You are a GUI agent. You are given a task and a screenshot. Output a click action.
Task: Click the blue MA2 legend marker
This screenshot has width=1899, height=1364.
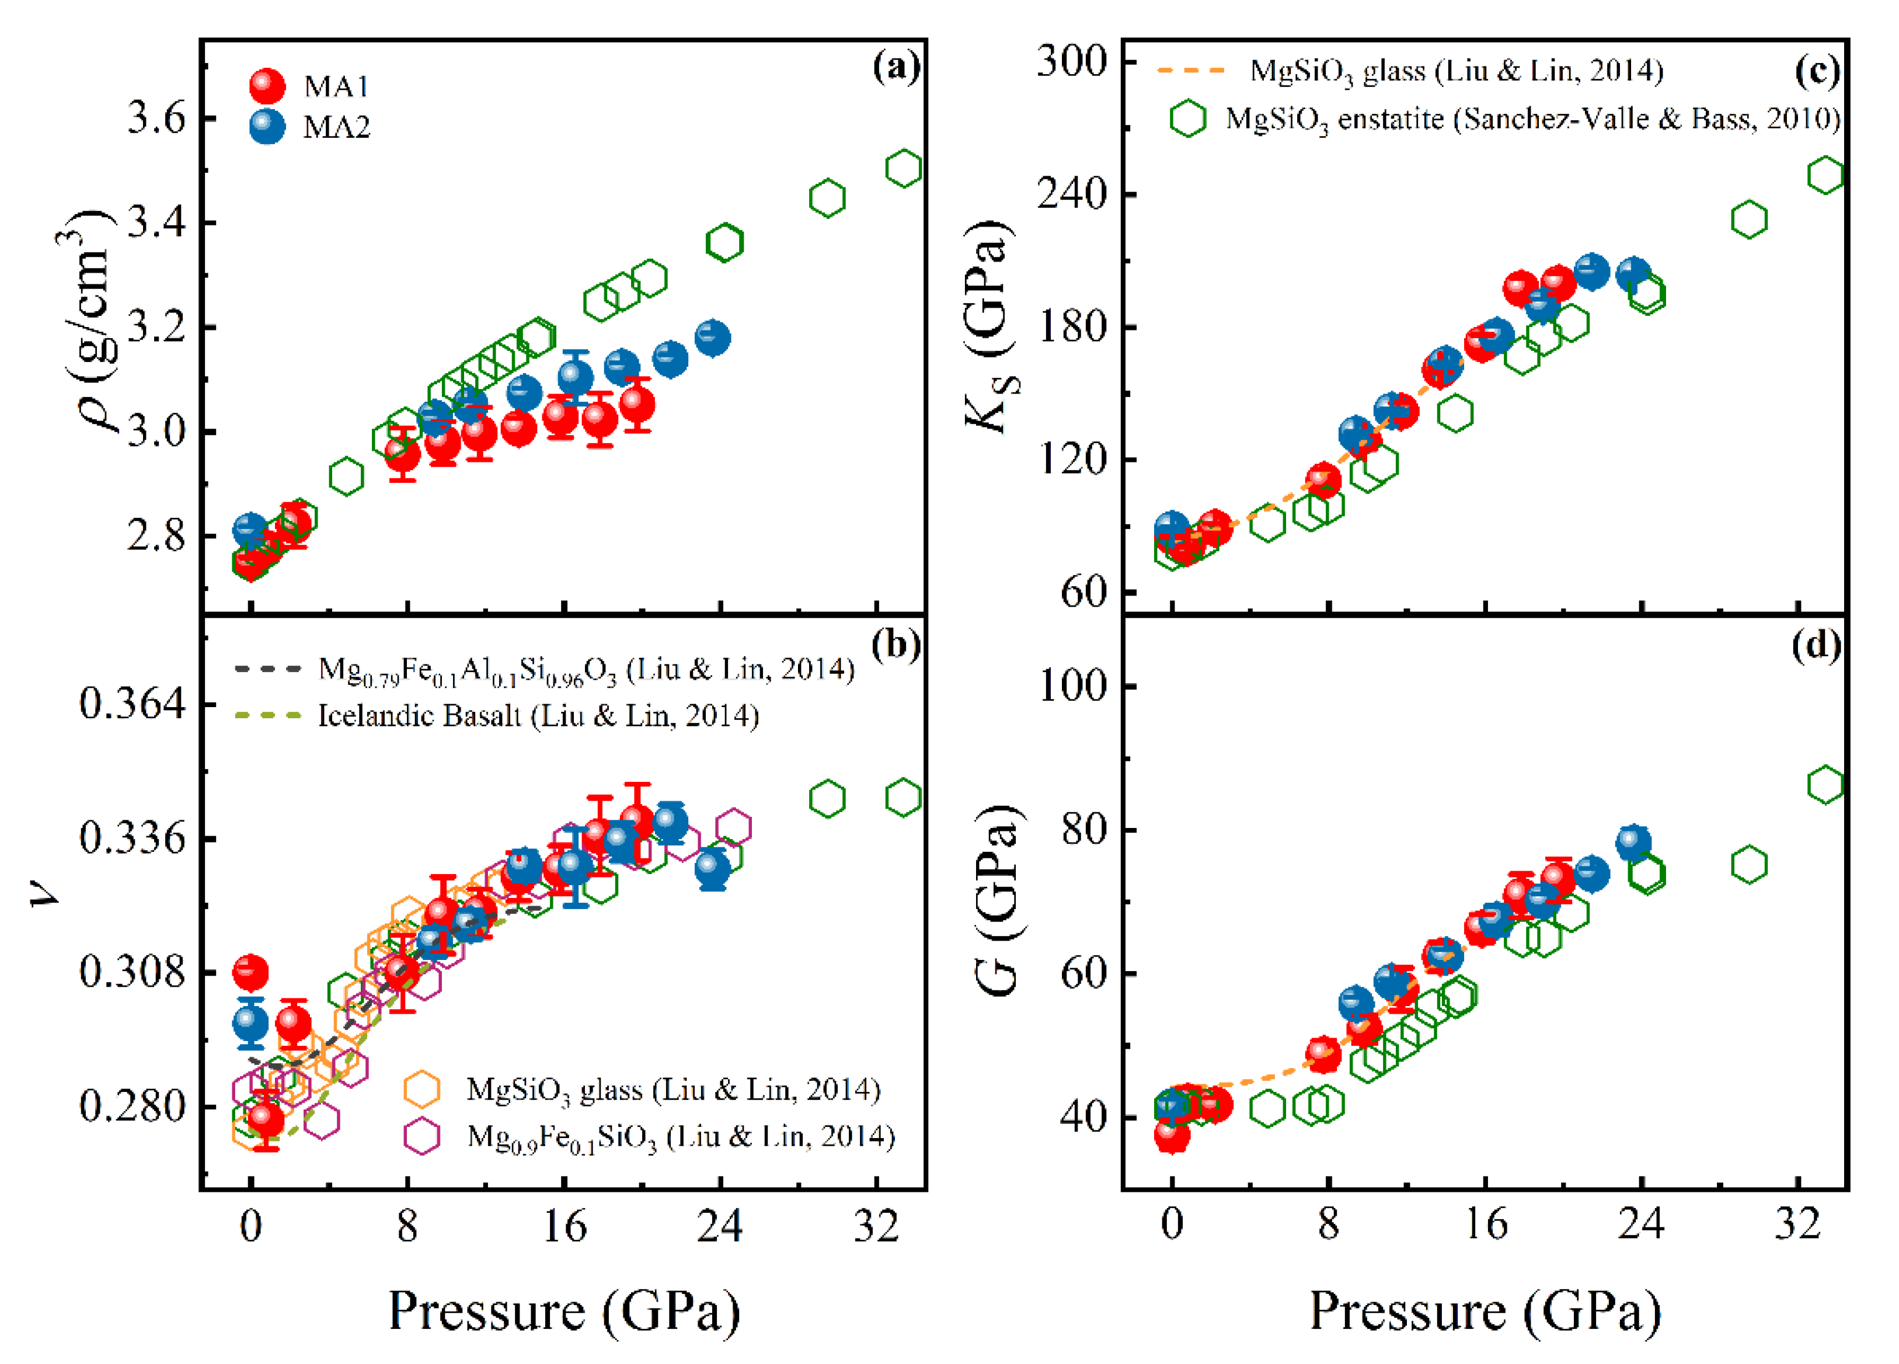coord(267,127)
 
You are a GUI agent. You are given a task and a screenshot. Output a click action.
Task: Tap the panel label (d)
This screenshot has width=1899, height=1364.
coord(1816,645)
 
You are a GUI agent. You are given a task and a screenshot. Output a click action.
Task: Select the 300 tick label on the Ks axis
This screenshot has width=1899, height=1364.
coord(1072,61)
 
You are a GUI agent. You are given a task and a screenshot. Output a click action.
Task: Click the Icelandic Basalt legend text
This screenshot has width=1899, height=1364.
coord(538,716)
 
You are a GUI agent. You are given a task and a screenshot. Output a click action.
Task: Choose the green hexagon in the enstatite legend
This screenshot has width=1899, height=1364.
coord(1188,119)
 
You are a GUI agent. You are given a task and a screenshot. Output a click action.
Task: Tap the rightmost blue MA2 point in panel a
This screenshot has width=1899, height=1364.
coord(713,337)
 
